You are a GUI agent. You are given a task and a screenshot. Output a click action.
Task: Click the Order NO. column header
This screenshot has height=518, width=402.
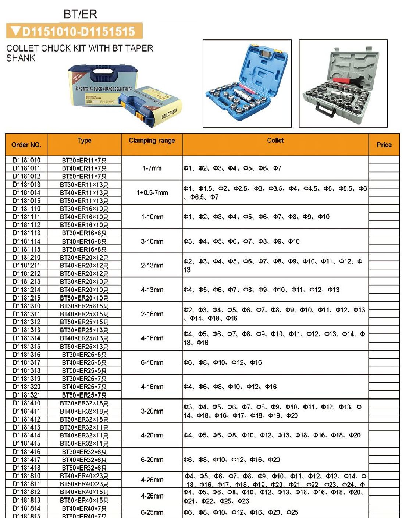pyautogui.click(x=26, y=145)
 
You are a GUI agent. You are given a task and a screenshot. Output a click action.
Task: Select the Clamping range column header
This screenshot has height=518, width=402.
pyautogui.click(x=152, y=140)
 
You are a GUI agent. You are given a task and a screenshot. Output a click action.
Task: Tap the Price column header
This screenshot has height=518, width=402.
pyautogui.click(x=384, y=145)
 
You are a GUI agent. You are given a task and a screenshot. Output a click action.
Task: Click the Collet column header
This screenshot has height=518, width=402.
pyautogui.click(x=275, y=140)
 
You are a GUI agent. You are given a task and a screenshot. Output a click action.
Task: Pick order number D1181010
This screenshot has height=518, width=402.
pyautogui.click(x=26, y=160)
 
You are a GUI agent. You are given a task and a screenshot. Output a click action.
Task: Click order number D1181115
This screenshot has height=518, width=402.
pyautogui.click(x=26, y=249)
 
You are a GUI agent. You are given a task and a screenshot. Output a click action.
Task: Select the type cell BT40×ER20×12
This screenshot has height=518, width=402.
pyautogui.click(x=84, y=265)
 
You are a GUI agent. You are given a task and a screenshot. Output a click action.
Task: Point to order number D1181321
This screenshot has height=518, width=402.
pyautogui.click(x=26, y=395)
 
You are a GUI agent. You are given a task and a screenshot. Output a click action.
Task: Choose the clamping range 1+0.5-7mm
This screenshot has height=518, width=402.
pyautogui.click(x=152, y=192)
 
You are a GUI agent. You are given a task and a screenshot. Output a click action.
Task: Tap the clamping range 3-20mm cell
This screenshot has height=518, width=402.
pyautogui.click(x=152, y=411)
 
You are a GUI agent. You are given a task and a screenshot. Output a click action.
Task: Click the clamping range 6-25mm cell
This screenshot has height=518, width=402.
pyautogui.click(x=152, y=512)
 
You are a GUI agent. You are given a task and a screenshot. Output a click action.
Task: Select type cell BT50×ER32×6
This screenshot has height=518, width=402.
pyautogui.click(x=84, y=468)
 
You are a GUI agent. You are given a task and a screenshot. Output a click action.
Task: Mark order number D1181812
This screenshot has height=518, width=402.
pyautogui.click(x=26, y=492)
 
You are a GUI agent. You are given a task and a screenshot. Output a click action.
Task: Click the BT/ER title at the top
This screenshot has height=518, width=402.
pyautogui.click(x=80, y=14)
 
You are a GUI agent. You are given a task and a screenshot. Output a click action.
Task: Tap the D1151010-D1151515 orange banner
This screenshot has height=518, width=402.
pyautogui.click(x=74, y=31)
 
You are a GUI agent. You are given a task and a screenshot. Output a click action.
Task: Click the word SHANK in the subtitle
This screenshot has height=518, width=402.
pyautogui.click(x=21, y=58)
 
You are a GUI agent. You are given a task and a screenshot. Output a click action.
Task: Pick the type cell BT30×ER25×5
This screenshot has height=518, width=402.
pyautogui.click(x=84, y=355)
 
